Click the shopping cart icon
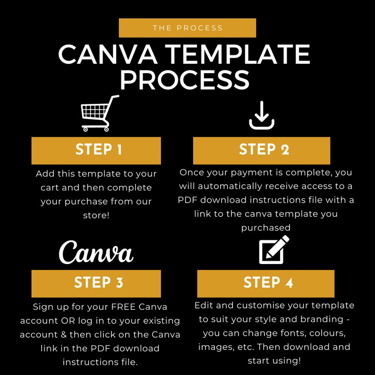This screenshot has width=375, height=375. click(100, 114)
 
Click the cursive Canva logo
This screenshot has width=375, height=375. click(96, 252)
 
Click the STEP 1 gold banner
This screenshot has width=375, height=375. click(96, 150)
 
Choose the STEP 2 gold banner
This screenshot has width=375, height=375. click(262, 150)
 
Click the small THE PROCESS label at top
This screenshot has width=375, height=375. click(187, 28)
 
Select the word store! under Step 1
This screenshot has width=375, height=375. click(96, 214)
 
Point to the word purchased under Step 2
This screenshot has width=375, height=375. click(266, 228)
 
